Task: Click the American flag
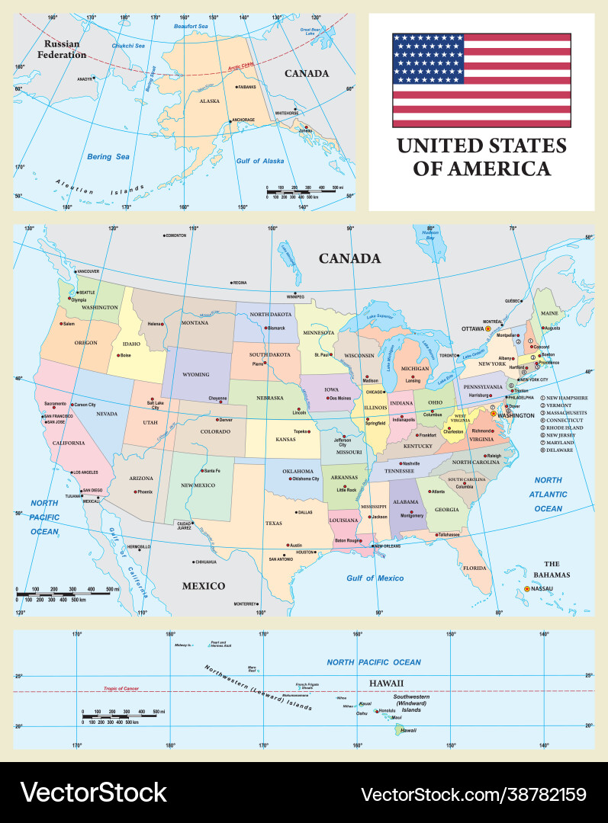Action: pos(481,80)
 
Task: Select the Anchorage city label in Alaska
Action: pos(243,120)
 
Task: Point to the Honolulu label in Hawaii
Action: pos(387,710)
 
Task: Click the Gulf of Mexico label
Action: pos(375,578)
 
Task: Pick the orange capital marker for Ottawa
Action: pos(488,328)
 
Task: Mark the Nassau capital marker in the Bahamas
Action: pos(527,588)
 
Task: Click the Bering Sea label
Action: pos(108,157)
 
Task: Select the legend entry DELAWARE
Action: pos(561,450)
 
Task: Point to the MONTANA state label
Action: pos(195,323)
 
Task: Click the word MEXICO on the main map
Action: pos(203,585)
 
